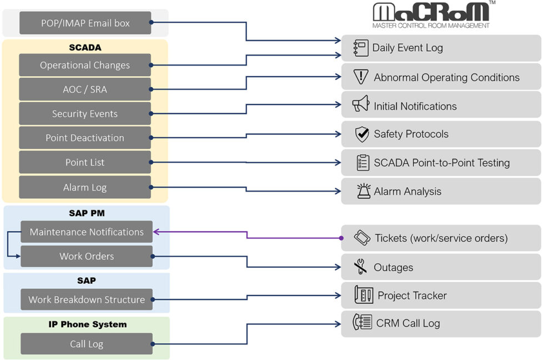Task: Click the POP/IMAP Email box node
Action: coord(85,23)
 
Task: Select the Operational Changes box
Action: coord(85,65)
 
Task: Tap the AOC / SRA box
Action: coord(85,89)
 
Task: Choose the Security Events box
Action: coord(85,114)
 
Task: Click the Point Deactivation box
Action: coord(85,138)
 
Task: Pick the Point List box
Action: coord(85,162)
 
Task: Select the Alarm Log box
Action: coord(85,187)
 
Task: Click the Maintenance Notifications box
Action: coord(87,232)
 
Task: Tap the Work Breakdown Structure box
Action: coord(87,299)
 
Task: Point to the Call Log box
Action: coord(87,344)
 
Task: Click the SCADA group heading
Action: coord(85,48)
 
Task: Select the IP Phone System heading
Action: coord(87,324)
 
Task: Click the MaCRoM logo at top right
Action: coord(431,14)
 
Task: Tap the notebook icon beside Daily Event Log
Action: coord(361,48)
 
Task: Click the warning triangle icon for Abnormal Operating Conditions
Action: coord(361,77)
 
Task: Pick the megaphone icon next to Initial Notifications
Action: coord(361,105)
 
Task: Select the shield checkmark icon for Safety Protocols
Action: coord(362,134)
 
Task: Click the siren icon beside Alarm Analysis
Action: coord(364,191)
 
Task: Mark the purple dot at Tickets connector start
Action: coord(341,238)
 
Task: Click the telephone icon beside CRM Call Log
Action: coord(362,322)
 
